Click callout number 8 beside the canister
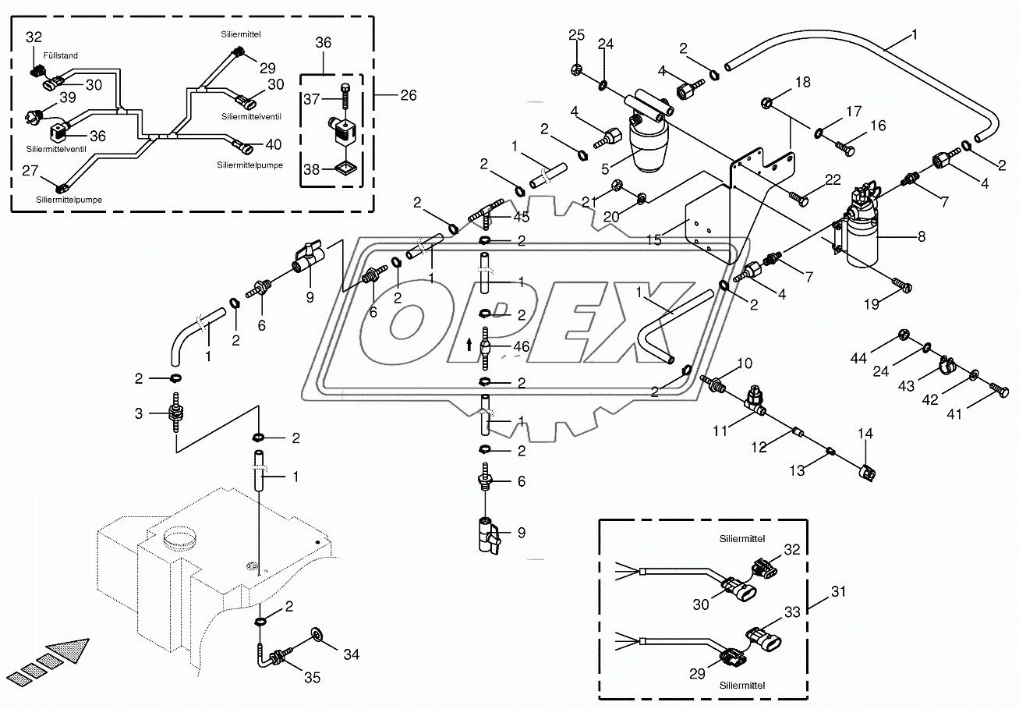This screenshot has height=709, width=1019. click(922, 235)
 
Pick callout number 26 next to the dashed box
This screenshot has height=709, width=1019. click(408, 95)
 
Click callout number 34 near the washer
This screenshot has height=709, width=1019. click(352, 655)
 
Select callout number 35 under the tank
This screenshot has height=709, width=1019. click(312, 678)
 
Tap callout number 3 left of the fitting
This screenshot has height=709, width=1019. click(139, 413)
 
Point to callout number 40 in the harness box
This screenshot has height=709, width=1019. click(273, 144)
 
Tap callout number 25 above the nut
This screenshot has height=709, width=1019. click(576, 35)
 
